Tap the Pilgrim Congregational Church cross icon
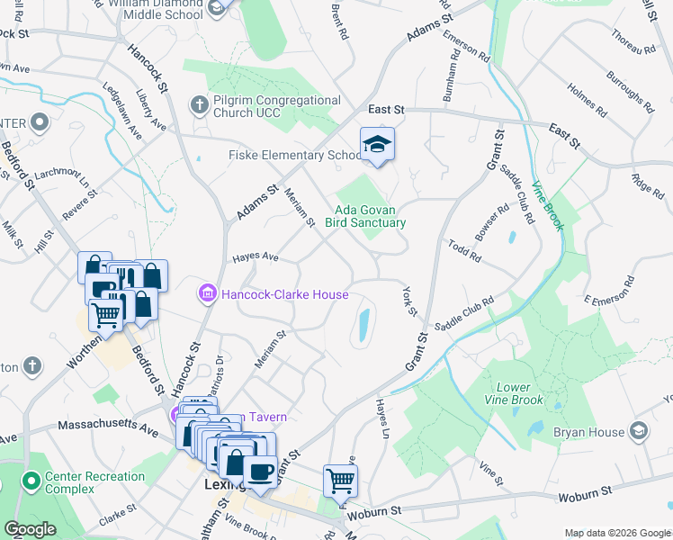click(x=199, y=106)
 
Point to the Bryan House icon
click(x=639, y=432)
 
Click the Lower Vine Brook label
click(x=513, y=393)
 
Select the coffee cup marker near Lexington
click(x=260, y=472)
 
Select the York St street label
click(x=410, y=301)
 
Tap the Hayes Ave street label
click(x=256, y=257)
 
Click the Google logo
click(x=30, y=529)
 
